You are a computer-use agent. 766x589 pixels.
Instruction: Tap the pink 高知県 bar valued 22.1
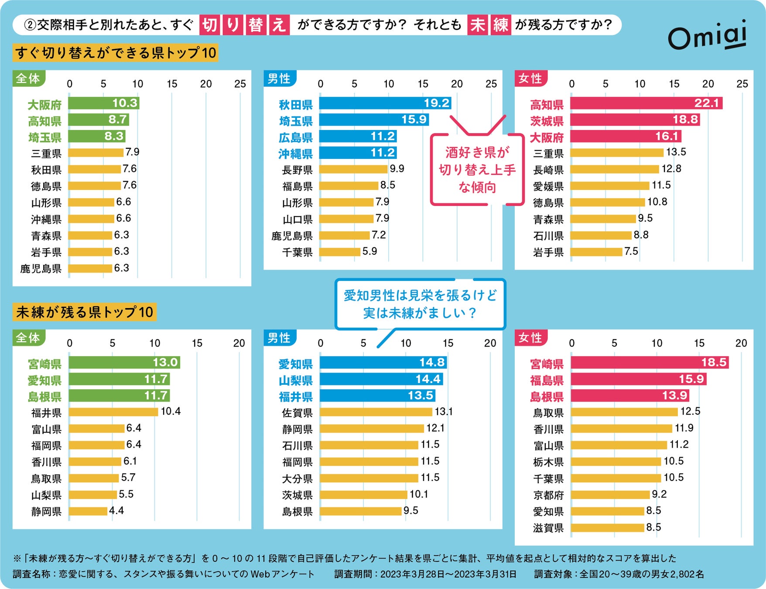click(646, 103)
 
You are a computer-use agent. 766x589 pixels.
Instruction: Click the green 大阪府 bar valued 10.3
click(103, 103)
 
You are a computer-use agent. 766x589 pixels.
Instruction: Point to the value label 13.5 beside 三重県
click(676, 152)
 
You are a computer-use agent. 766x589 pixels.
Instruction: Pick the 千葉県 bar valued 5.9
click(339, 252)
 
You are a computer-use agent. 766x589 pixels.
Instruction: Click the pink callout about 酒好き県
click(477, 170)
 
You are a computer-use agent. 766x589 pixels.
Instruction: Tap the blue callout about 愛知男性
click(420, 304)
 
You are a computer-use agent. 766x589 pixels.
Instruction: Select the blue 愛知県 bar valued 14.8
click(383, 363)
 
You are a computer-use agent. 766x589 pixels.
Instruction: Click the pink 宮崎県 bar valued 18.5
click(649, 363)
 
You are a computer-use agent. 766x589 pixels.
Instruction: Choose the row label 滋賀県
click(548, 528)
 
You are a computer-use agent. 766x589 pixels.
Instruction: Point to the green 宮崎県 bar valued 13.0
click(124, 363)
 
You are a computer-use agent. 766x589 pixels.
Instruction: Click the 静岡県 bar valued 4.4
click(88, 511)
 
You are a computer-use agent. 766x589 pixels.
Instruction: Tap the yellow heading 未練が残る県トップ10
click(85, 312)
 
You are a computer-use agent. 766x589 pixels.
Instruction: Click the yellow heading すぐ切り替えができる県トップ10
click(116, 53)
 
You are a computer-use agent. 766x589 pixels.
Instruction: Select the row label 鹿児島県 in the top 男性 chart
click(292, 236)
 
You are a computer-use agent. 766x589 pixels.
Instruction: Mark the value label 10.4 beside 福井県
click(171, 411)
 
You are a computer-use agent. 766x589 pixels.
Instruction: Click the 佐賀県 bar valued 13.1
click(376, 412)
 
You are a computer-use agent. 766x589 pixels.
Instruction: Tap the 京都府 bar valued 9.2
click(610, 495)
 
